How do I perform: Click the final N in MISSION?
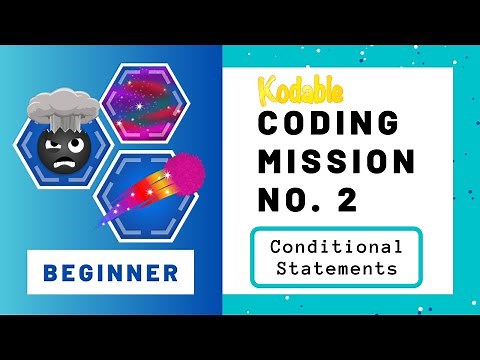coord(401,160)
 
